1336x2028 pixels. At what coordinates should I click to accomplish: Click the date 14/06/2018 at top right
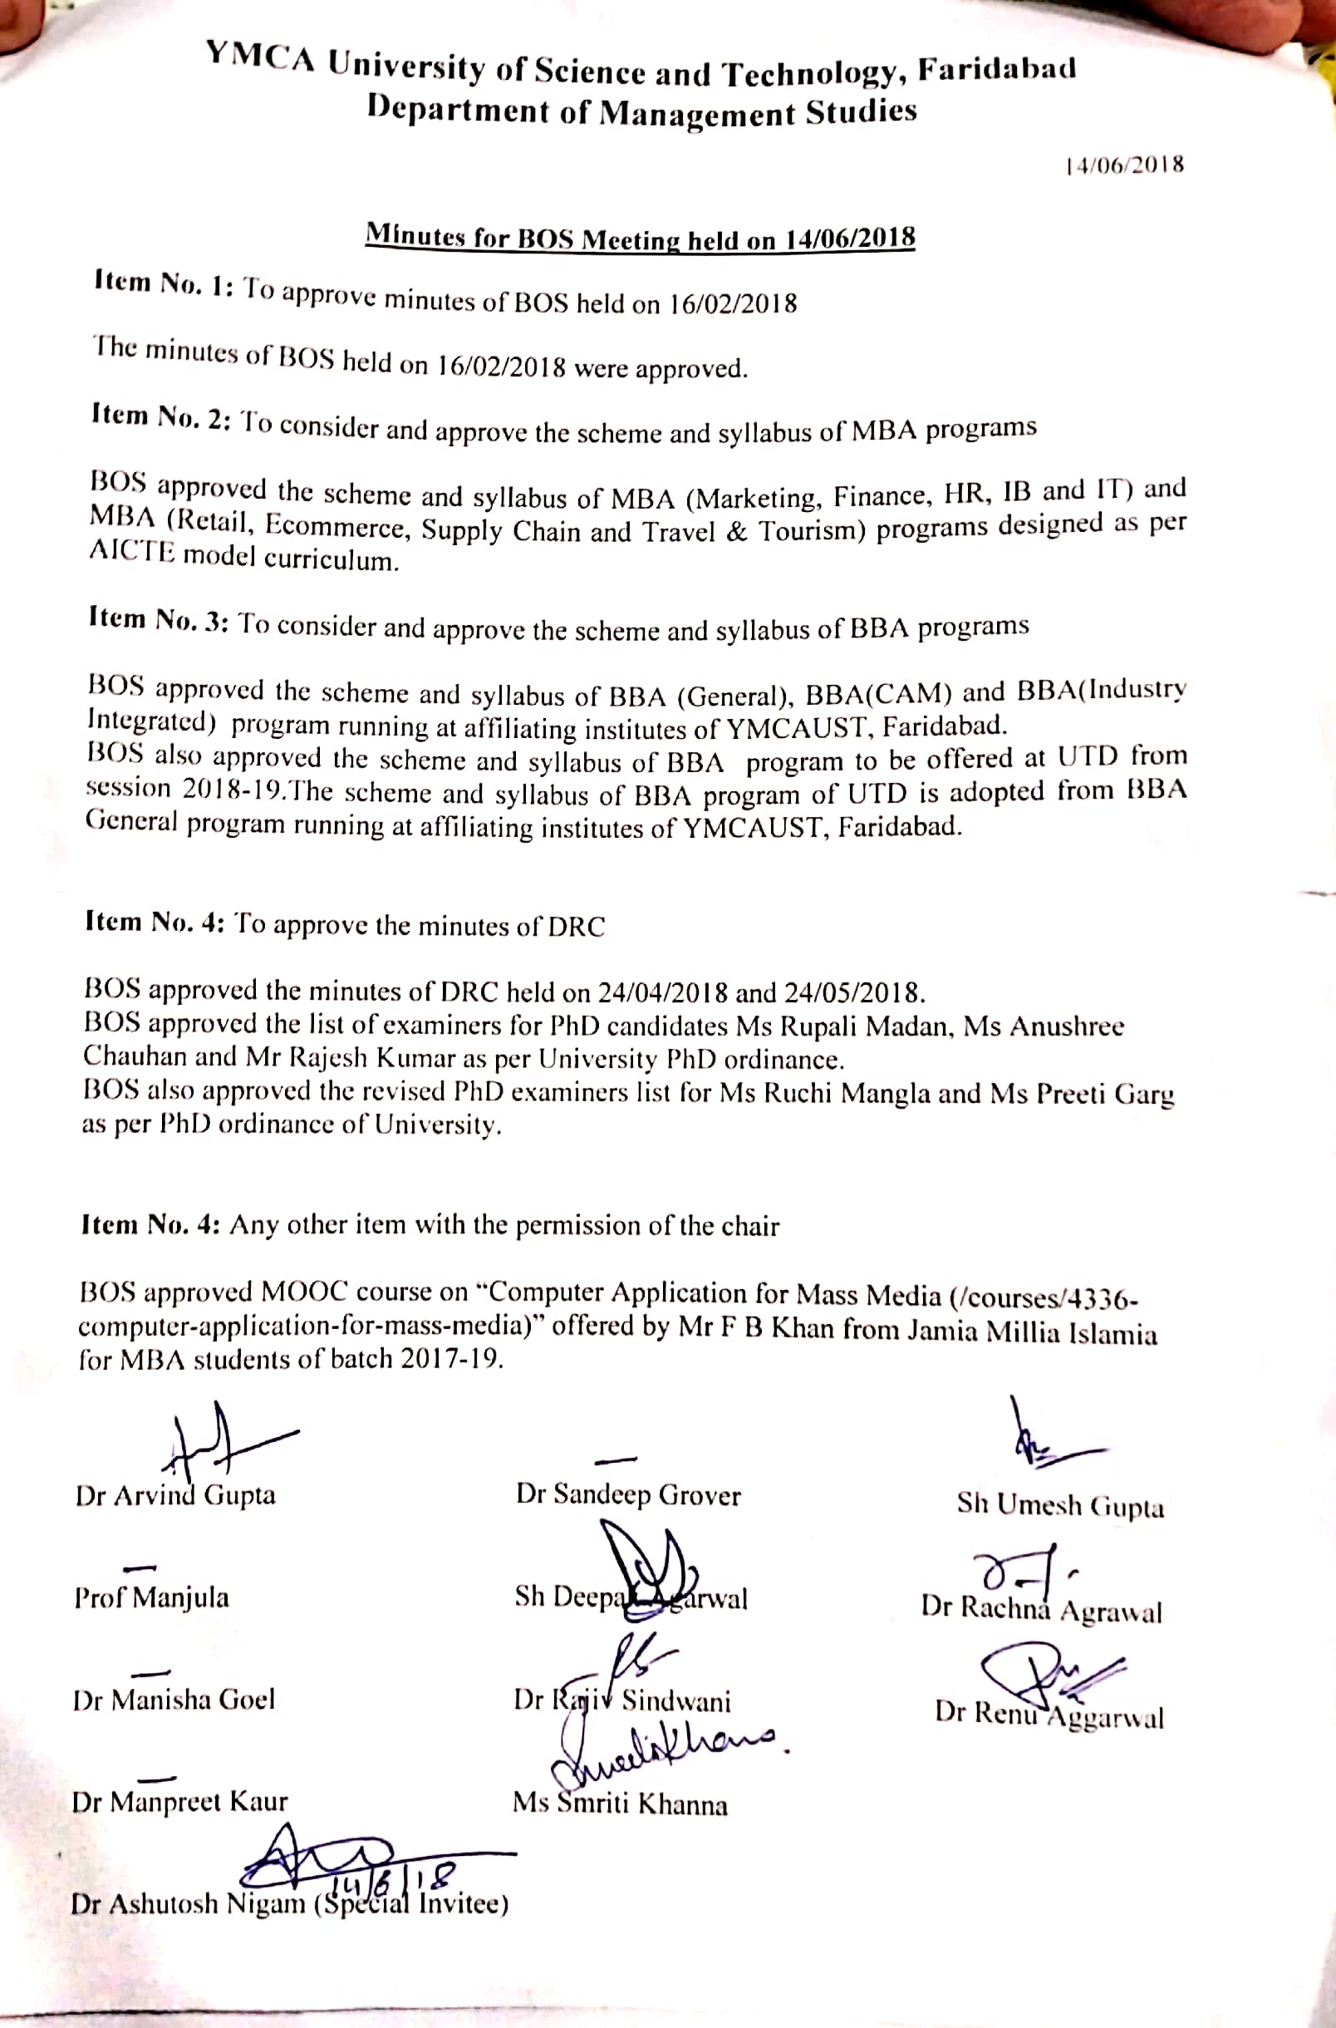point(1124,165)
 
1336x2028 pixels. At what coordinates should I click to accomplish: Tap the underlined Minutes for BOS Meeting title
point(640,238)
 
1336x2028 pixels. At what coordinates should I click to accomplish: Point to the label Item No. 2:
point(160,416)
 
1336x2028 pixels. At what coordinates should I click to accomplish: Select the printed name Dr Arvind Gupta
point(175,1495)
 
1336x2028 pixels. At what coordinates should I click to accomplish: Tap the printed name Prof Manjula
point(152,1596)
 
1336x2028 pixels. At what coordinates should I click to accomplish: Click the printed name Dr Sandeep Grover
point(628,1494)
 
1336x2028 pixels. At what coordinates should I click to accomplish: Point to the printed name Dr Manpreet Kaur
point(179,1802)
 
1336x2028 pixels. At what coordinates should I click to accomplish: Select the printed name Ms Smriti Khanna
point(620,1804)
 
